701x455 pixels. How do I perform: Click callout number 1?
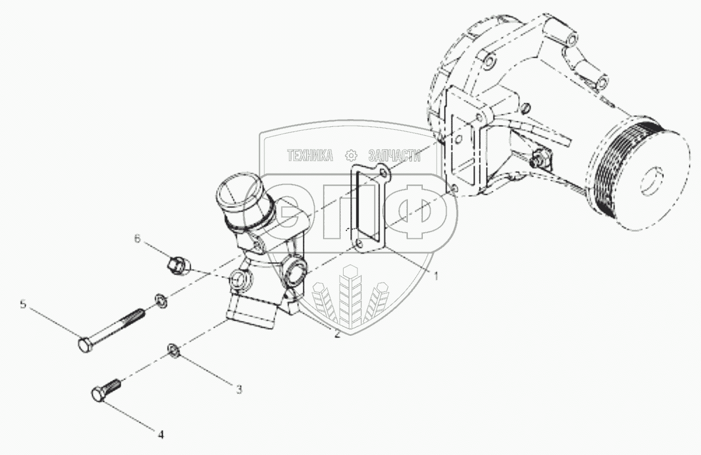click(x=435, y=276)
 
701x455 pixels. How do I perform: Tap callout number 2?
click(x=337, y=334)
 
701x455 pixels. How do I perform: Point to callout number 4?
click(x=161, y=434)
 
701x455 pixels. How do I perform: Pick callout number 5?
click(x=23, y=304)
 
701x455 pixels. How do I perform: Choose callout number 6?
click(x=137, y=239)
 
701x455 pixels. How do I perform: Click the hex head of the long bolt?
click(x=84, y=345)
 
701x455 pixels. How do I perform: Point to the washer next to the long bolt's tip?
click(x=161, y=300)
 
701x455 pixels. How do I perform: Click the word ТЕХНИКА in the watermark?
click(x=310, y=155)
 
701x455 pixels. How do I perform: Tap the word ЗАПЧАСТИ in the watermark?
click(x=395, y=156)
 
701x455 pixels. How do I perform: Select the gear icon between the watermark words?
click(x=351, y=156)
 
